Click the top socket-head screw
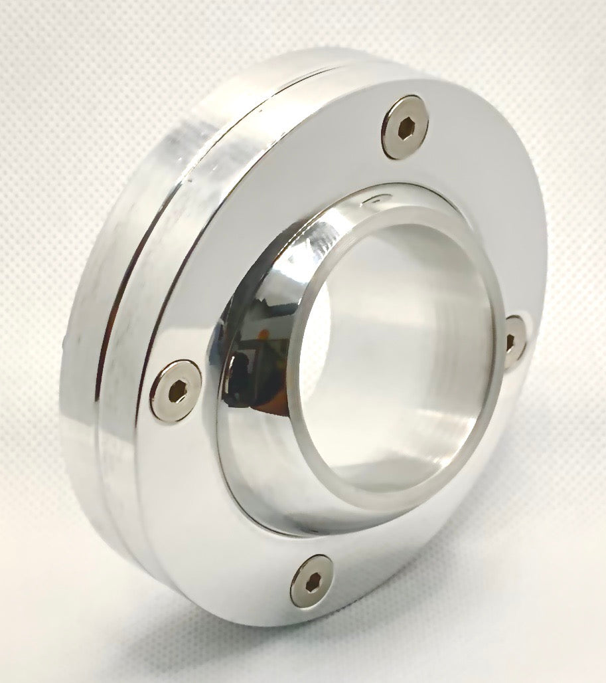[405, 128]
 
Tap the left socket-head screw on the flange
[175, 391]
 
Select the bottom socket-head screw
[312, 581]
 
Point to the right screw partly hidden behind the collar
[515, 341]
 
